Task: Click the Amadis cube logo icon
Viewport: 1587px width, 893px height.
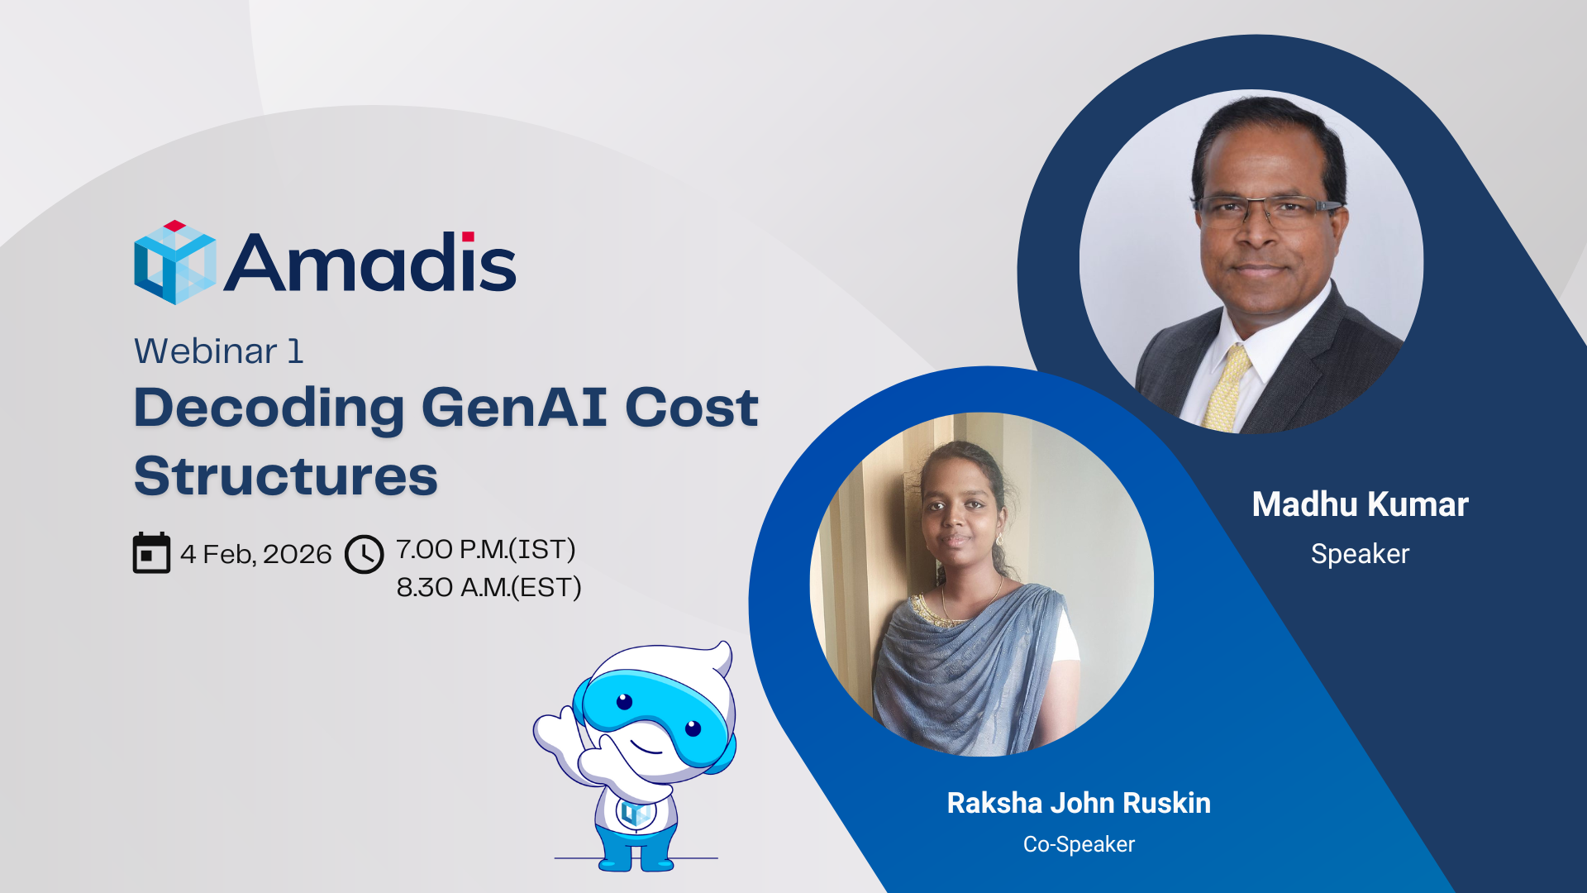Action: coord(175,262)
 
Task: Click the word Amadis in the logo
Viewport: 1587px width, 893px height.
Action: coord(370,262)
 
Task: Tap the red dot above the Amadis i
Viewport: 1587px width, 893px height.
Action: coord(468,236)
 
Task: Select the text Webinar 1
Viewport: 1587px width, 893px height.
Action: coord(219,351)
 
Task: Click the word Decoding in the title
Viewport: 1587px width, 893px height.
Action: coord(269,409)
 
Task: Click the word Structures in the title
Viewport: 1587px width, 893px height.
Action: coord(286,476)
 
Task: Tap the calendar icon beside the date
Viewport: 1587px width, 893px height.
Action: coord(151,552)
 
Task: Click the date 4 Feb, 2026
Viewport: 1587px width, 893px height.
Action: coord(256,554)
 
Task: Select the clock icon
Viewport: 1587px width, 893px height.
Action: coord(365,554)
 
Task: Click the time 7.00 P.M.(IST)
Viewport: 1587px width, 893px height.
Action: coord(486,549)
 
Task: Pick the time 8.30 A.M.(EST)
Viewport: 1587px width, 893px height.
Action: coord(489,587)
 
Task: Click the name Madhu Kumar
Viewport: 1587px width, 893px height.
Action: coord(1361,504)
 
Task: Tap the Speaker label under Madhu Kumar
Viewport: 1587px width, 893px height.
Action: coord(1361,554)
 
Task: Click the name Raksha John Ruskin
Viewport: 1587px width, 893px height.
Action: coord(1079,803)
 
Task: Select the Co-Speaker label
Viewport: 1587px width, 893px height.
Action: coord(1079,844)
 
